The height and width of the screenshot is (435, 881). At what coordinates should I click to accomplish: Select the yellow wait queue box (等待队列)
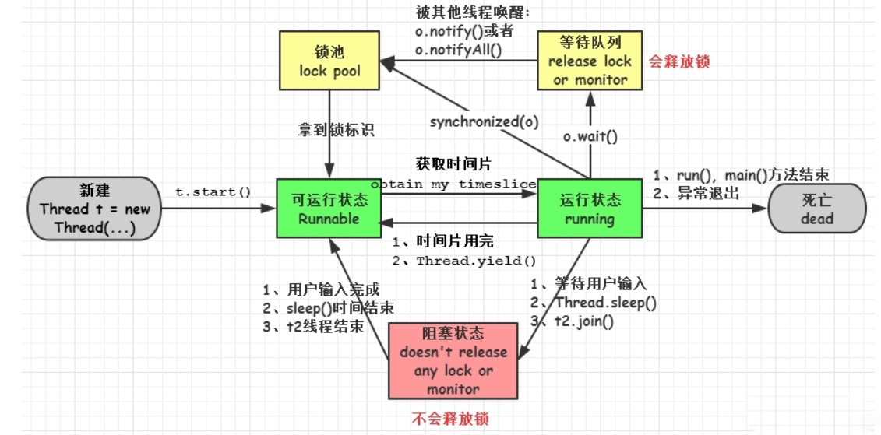[x=590, y=61]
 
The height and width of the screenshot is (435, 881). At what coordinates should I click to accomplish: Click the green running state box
[x=590, y=209]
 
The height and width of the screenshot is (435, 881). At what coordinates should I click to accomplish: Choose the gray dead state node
[x=816, y=209]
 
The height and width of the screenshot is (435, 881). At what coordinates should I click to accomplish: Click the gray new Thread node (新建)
[x=94, y=209]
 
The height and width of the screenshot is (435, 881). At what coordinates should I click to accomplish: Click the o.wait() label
[x=590, y=137]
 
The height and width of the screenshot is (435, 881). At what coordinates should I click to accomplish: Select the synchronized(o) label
[x=484, y=121]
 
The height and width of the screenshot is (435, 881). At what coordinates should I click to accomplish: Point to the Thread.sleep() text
[x=604, y=303]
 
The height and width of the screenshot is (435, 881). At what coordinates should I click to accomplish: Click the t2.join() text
[x=583, y=320]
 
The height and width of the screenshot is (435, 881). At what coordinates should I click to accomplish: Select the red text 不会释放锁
[x=449, y=418]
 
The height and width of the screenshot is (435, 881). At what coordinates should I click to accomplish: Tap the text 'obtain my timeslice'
[x=453, y=184]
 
